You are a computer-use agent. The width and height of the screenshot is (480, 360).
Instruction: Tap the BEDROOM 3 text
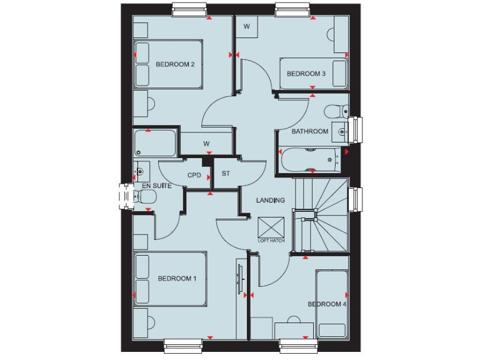[306, 74]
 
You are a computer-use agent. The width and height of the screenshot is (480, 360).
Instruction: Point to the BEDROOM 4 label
[327, 304]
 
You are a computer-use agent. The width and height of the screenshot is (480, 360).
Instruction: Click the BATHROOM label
[309, 131]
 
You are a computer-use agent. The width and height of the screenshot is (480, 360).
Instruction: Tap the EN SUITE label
[157, 186]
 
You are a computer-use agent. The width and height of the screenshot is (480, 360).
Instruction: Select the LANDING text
[271, 200]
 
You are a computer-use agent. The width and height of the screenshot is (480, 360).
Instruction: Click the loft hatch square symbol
[271, 227]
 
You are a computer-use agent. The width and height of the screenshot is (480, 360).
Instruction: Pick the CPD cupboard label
[194, 175]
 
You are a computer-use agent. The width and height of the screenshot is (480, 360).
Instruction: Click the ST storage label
[226, 174]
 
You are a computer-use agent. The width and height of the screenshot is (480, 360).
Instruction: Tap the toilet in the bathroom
[336, 111]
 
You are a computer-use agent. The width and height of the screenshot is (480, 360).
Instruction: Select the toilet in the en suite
[145, 197]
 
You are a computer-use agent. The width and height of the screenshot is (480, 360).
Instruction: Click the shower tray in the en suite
[156, 144]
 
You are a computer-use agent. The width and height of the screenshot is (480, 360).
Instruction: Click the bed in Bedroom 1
[170, 279]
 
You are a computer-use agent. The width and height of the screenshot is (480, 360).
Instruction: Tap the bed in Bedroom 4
[331, 304]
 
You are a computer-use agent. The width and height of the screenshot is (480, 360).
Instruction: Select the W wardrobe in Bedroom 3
[246, 26]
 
